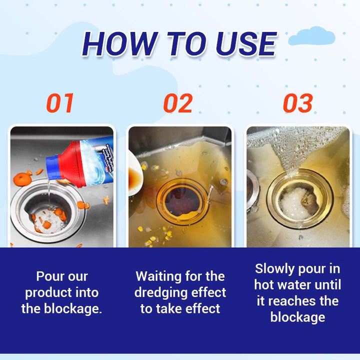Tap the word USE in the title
tap(246, 44)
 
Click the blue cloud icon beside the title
tap(311, 36)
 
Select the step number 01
tap(60, 103)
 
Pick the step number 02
tap(178, 103)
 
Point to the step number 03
tap(298, 103)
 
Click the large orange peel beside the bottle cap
tap(22, 179)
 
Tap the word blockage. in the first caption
tap(73, 309)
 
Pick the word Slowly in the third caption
tap(274, 268)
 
